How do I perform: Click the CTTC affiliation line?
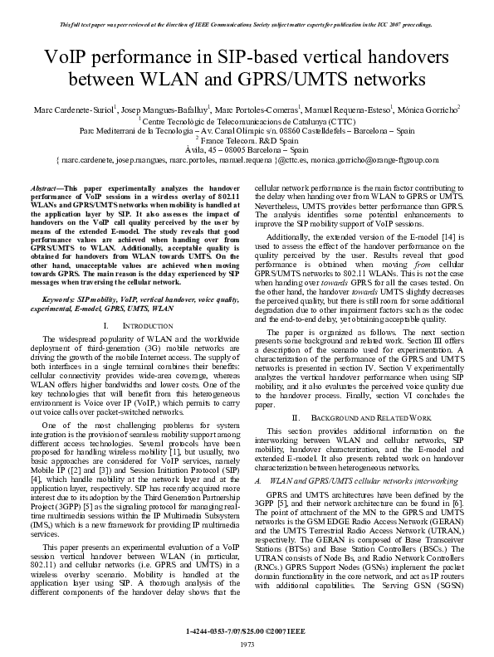(247, 120)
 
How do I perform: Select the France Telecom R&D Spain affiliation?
(247, 141)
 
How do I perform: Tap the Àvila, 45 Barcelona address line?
(247, 150)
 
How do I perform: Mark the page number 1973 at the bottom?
(247, 645)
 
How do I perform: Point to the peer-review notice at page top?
(247, 24)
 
